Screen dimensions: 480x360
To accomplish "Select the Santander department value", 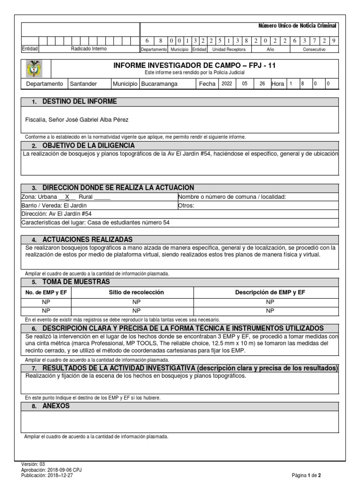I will (83, 84).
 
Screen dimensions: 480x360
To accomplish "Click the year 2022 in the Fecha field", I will (226, 84).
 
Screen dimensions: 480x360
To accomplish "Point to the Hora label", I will (278, 84).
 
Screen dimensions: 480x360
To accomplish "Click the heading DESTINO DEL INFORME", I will (79, 102).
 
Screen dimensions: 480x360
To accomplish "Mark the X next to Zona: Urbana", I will (67, 197).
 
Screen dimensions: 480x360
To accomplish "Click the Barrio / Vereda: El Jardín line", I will (54, 205).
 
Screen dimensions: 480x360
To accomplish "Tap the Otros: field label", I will (186, 205).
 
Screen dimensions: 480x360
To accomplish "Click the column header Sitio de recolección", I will (136, 292).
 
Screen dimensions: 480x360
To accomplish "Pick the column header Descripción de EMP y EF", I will (270, 292).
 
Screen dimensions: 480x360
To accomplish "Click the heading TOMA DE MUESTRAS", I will (76, 282).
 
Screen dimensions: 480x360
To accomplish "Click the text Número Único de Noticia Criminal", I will (298, 26).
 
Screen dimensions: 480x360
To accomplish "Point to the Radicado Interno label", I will (89, 49).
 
